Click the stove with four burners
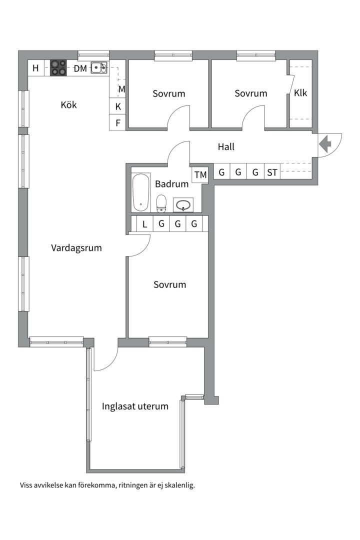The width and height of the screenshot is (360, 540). pos(58,68)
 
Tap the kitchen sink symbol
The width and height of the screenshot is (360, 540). pos(99,67)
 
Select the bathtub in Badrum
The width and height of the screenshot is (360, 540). pos(141,192)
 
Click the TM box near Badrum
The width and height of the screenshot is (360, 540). pos(200,175)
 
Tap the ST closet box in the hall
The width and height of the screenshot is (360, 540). pos(272,172)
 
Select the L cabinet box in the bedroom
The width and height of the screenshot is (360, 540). pos(144,224)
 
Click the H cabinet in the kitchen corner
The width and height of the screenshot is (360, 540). pos(35,68)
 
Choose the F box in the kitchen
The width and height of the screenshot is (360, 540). pos(118,122)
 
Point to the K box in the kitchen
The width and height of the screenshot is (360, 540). pos(118,106)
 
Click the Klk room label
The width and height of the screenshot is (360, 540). pos(300,93)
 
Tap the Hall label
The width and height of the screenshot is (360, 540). pos(226,147)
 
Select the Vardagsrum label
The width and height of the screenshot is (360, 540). pos(76,247)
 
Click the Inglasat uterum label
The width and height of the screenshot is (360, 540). pos(135,406)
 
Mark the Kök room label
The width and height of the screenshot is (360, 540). pos(69,105)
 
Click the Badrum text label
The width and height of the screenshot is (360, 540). pos(171,184)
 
